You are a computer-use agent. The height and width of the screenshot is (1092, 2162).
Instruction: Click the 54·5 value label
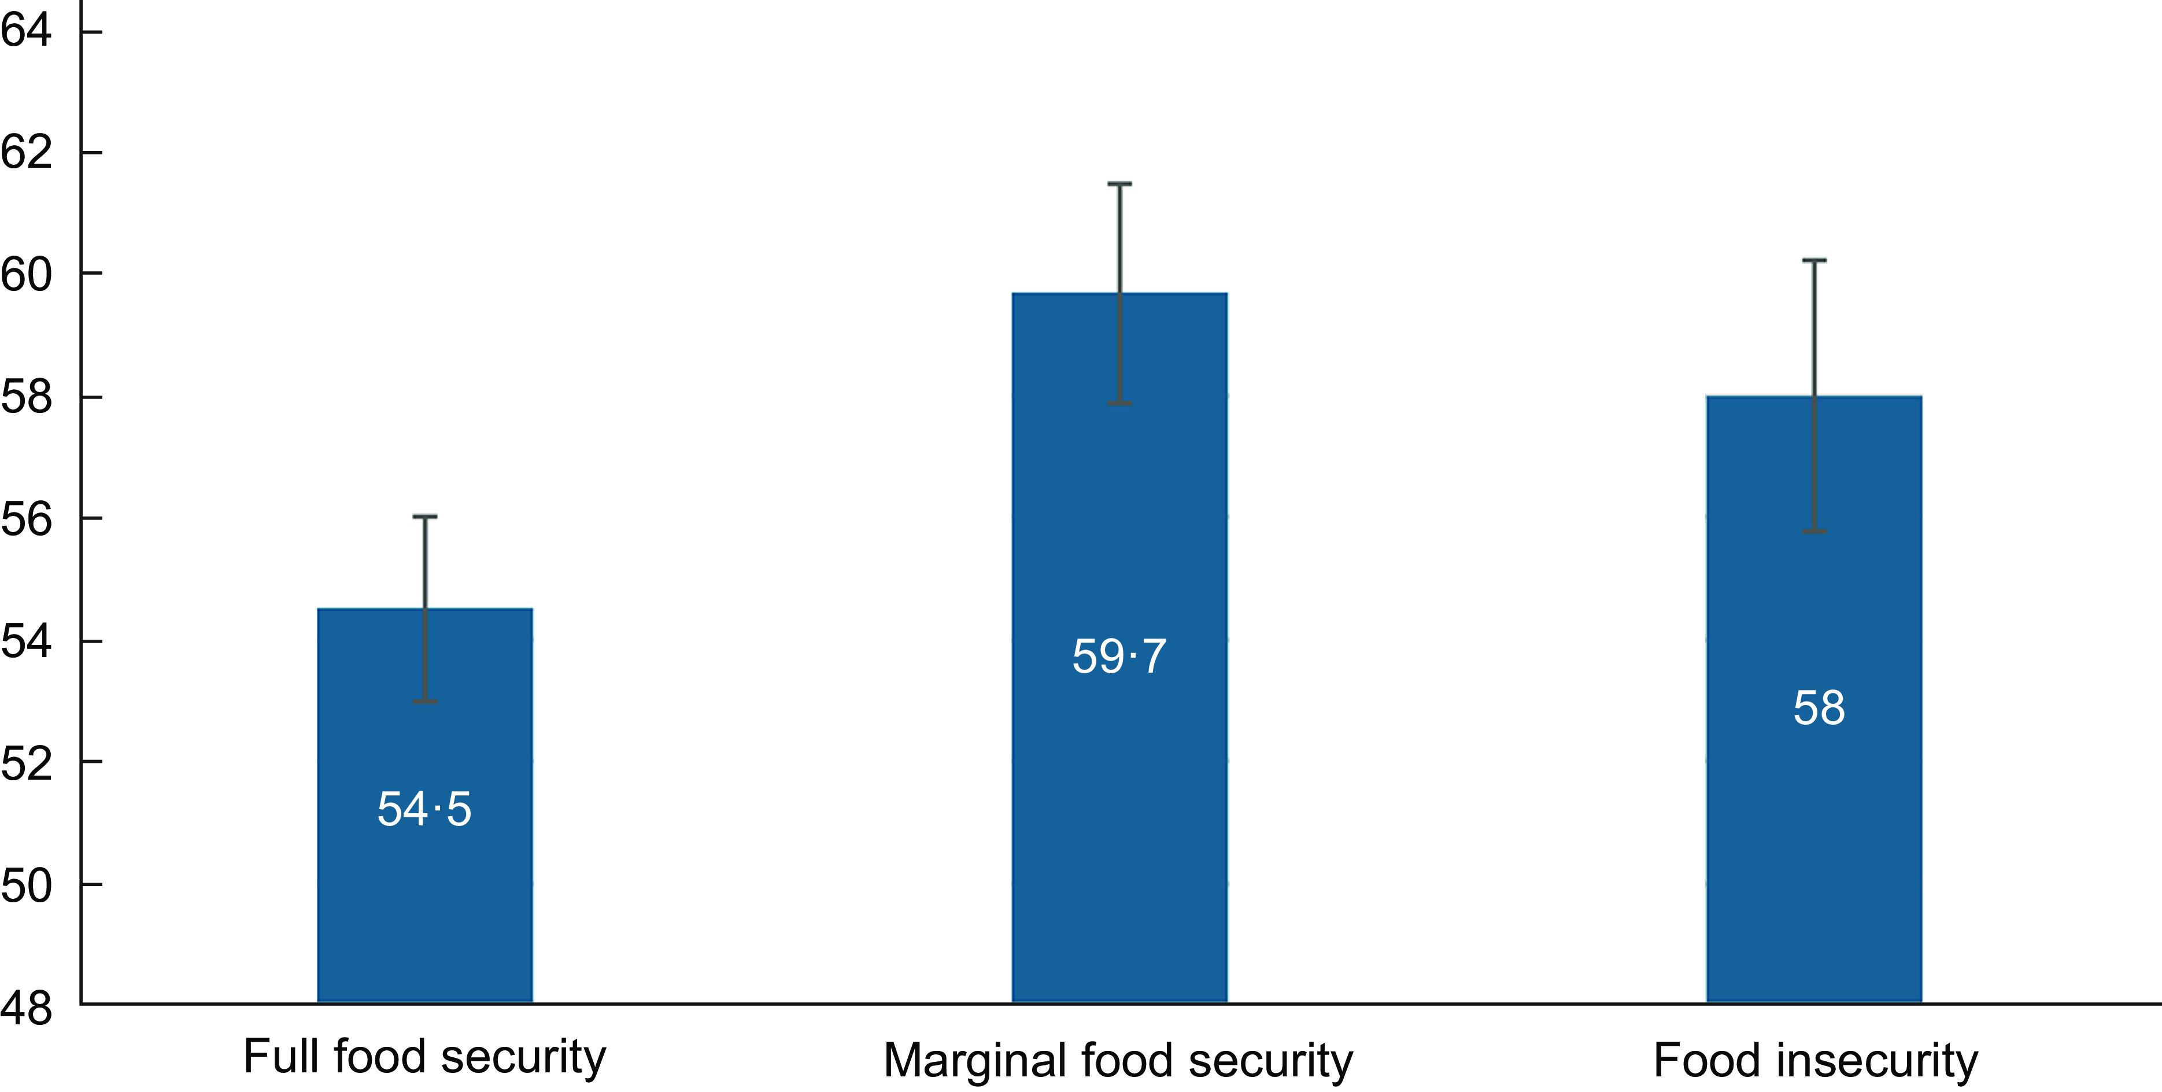[424, 809]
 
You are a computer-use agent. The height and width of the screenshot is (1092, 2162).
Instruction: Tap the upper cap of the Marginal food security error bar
[1119, 184]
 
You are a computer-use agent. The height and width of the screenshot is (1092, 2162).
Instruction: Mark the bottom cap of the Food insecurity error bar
[1814, 532]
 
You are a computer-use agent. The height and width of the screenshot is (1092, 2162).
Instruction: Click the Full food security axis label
[424, 1056]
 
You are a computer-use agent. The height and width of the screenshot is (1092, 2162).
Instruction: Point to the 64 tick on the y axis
[25, 32]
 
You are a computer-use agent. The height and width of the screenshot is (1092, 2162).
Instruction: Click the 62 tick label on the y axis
[25, 153]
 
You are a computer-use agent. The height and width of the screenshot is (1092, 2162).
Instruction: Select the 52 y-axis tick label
[25, 763]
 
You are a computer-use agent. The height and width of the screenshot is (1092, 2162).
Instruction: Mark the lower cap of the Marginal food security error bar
[1119, 404]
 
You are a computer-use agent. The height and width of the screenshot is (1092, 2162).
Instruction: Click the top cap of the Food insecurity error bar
[1814, 260]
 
